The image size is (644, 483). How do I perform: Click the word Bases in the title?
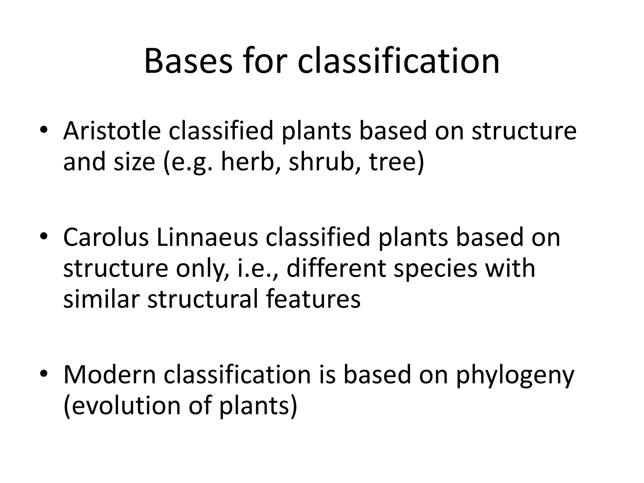188,60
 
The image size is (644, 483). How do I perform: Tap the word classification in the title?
398,60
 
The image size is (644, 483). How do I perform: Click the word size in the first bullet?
135,162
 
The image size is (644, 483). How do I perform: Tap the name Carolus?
106,237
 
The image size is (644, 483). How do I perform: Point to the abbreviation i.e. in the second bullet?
257,269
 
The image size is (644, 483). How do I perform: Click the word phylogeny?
515,376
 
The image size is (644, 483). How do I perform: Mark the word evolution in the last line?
122,406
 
